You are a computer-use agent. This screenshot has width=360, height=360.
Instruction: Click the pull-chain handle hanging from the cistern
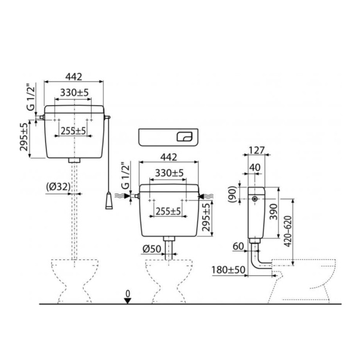click(x=109, y=201)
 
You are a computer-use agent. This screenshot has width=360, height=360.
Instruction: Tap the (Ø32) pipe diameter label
click(x=58, y=187)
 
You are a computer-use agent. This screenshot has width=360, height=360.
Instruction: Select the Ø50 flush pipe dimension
click(x=152, y=249)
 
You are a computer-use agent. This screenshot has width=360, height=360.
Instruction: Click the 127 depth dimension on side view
click(x=257, y=151)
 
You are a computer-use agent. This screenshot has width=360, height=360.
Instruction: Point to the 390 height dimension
click(x=273, y=212)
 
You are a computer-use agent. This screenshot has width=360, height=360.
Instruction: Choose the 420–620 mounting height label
click(x=287, y=232)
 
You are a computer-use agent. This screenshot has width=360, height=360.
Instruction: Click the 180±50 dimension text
click(x=228, y=270)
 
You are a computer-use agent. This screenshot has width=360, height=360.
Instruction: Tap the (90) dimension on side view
click(x=232, y=194)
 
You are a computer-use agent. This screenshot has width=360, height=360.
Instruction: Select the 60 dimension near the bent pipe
click(x=238, y=247)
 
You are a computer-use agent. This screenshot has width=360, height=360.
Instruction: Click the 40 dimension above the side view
click(x=255, y=167)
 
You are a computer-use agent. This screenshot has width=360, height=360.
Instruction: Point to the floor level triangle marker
click(x=127, y=301)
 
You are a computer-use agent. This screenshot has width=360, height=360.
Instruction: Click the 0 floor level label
click(x=128, y=293)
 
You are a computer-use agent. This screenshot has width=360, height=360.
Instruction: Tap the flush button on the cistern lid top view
click(x=184, y=137)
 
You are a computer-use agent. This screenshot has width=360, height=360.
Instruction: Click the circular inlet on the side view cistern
click(x=254, y=199)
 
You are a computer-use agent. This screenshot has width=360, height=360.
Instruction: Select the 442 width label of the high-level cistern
click(x=73, y=77)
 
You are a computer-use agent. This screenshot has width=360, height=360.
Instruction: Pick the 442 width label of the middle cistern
click(x=169, y=157)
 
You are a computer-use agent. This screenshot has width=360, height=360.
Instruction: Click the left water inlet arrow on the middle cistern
click(x=126, y=196)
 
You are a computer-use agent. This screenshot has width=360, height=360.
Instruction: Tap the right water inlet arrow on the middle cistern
click(x=202, y=196)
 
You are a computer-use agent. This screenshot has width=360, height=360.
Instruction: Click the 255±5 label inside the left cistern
click(x=73, y=131)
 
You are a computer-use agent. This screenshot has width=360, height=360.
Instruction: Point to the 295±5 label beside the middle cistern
click(x=206, y=217)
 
